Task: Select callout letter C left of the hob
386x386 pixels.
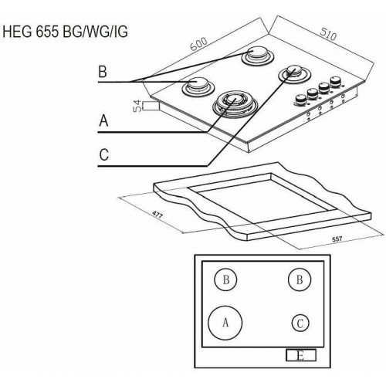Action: pyautogui.click(x=103, y=154)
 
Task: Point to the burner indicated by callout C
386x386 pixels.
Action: pyautogui.click(x=294, y=73)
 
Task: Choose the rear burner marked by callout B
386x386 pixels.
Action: pyautogui.click(x=256, y=56)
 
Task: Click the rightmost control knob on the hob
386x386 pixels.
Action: pyautogui.click(x=336, y=80)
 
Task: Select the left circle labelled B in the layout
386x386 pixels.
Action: pyautogui.click(x=226, y=281)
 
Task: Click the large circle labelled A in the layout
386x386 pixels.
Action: pyautogui.click(x=225, y=323)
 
